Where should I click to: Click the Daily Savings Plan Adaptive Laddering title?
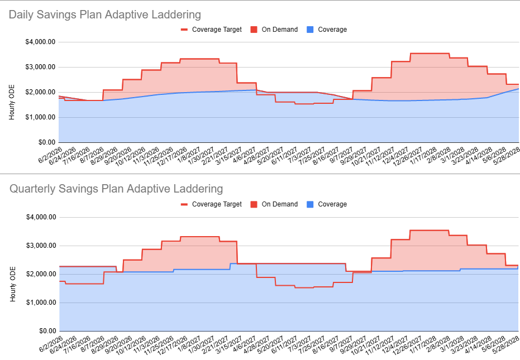[105, 15]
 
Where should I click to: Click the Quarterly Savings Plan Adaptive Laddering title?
[116, 189]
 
